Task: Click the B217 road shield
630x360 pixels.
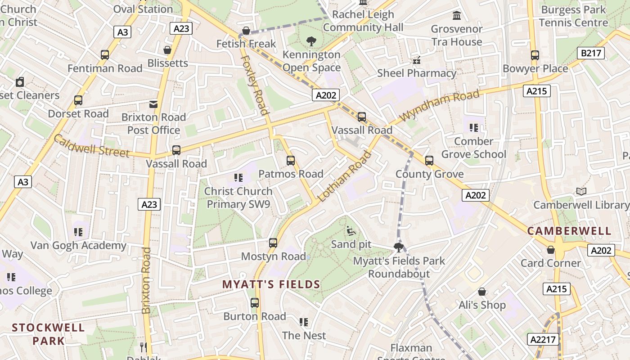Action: tap(591, 53)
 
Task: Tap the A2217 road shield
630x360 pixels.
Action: tap(543, 339)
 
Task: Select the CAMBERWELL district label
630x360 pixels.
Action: tap(569, 231)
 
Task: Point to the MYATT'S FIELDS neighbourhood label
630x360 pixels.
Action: tap(271, 284)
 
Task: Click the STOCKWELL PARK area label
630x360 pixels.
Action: tap(48, 334)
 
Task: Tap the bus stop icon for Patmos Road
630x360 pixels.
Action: tap(291, 161)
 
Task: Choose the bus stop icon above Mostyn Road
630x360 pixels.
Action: tap(273, 243)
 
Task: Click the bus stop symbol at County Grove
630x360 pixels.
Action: tap(429, 161)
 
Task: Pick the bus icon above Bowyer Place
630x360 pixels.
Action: tap(535, 55)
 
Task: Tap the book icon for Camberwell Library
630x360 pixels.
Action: tap(581, 192)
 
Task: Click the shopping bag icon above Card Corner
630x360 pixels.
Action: tap(550, 250)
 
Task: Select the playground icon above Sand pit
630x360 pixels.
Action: tap(351, 231)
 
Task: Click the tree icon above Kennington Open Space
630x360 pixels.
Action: tap(311, 42)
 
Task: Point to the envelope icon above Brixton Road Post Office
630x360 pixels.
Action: tap(153, 104)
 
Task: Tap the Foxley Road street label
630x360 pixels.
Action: tap(255, 85)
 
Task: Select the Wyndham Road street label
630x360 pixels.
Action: tap(439, 106)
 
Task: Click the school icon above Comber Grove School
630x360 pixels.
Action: tap(473, 128)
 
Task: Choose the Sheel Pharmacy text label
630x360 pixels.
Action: tap(417, 73)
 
